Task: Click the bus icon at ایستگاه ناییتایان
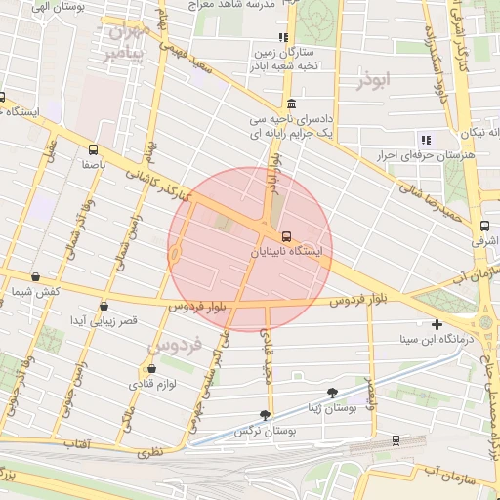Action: click(286, 236)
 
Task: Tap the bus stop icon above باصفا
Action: click(92, 150)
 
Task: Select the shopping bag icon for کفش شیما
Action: click(36, 277)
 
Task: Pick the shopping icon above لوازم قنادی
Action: click(151, 369)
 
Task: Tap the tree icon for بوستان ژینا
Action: click(333, 393)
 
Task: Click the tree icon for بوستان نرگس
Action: click(266, 415)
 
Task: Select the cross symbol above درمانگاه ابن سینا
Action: click(437, 324)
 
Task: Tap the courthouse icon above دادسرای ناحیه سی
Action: click(291, 104)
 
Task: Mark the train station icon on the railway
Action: click(395, 439)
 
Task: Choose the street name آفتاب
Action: click(75, 444)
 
